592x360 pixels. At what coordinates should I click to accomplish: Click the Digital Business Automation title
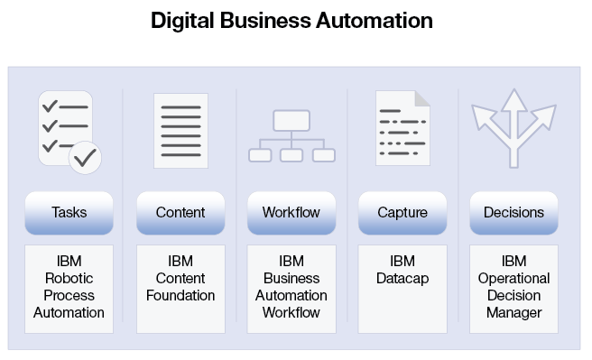tap(291, 20)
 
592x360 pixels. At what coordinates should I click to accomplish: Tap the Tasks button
tap(69, 213)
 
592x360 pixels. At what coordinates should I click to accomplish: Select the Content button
tap(180, 213)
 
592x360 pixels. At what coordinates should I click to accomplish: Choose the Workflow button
tap(291, 213)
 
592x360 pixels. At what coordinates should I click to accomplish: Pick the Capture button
tap(402, 213)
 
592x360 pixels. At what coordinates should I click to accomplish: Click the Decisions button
tap(513, 213)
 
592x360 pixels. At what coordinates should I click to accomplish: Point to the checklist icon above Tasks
tap(67, 130)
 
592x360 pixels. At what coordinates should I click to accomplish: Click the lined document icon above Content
tap(180, 130)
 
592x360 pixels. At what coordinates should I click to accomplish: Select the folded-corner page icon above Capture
tap(402, 128)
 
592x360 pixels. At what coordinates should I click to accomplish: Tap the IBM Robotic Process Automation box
tap(69, 288)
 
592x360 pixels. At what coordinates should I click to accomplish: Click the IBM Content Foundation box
tap(180, 288)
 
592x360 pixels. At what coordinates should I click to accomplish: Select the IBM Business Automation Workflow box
tap(291, 288)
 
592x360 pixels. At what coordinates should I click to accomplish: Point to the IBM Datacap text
tap(402, 270)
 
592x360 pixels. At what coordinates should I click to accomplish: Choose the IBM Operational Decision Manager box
tap(513, 288)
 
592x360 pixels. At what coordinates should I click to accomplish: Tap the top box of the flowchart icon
tap(291, 120)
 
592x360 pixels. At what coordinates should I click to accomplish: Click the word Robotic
tap(69, 279)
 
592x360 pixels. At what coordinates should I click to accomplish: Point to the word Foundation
tap(180, 296)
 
